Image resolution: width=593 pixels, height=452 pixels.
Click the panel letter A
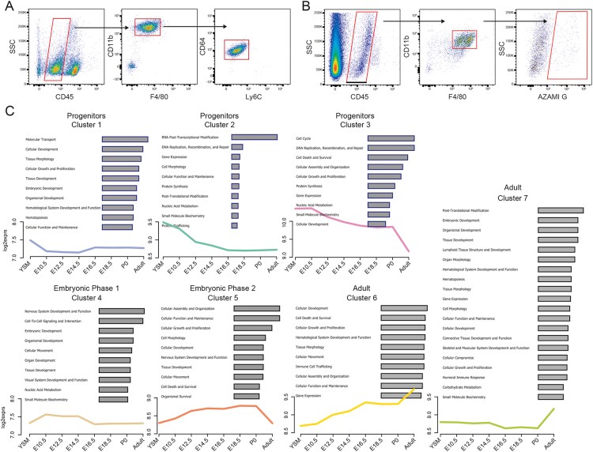7,6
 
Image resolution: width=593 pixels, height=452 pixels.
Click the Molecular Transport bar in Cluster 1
125,139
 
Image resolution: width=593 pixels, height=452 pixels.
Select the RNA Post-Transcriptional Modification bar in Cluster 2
254,137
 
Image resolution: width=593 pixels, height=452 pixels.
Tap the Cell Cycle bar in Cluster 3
391,137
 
